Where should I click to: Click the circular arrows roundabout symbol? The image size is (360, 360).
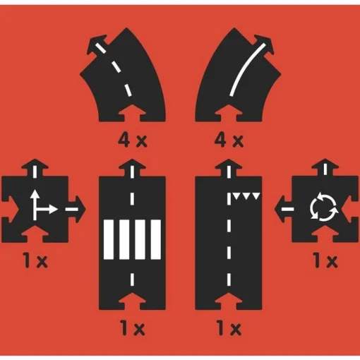pyautogui.click(x=324, y=207)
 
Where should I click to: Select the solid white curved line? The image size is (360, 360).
pyautogui.click(x=247, y=69)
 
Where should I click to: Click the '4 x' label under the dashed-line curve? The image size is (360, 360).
pyautogui.click(x=133, y=140)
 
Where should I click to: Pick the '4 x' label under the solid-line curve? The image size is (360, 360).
pyautogui.click(x=229, y=140)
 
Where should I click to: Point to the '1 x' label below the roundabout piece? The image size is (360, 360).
pyautogui.click(x=326, y=260)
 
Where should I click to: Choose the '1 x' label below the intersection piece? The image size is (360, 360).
pyautogui.click(x=35, y=260)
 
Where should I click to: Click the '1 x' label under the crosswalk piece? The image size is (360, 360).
pyautogui.click(x=133, y=328)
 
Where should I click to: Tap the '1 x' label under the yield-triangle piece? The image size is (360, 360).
pyautogui.click(x=229, y=328)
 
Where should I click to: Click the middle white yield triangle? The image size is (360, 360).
pyautogui.click(x=246, y=196)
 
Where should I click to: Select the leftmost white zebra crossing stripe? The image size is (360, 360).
pyautogui.click(x=109, y=239)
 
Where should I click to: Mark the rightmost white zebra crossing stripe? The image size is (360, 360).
pyautogui.click(x=156, y=239)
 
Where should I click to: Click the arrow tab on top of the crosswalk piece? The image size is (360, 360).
pyautogui.click(x=132, y=168)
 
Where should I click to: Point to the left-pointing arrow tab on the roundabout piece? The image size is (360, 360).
pyautogui.click(x=284, y=209)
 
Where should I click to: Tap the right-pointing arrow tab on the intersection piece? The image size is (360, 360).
pyautogui.click(x=77, y=209)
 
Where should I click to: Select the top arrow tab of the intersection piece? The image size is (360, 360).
pyautogui.click(x=35, y=168)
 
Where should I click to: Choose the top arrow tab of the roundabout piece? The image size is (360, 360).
pyautogui.click(x=325, y=168)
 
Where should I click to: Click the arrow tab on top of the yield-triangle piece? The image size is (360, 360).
pyautogui.click(x=229, y=168)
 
